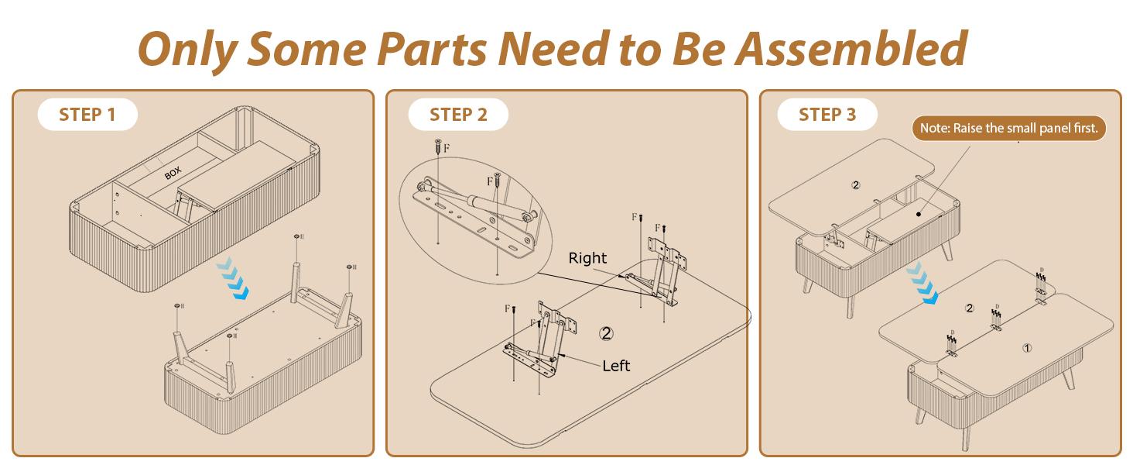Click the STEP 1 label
pyautogui.click(x=87, y=115)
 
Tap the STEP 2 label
pyautogui.click(x=458, y=115)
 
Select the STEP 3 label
pyautogui.click(x=827, y=115)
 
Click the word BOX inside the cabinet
pyautogui.click(x=173, y=174)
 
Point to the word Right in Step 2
pyautogui.click(x=587, y=258)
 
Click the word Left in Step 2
pyautogui.click(x=616, y=366)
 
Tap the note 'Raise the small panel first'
pyautogui.click(x=1009, y=128)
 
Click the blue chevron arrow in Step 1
pyautogui.click(x=233, y=277)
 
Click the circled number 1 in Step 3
pyautogui.click(x=1027, y=348)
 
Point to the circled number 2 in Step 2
pyautogui.click(x=607, y=333)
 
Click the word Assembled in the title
pyautogui.click(x=851, y=49)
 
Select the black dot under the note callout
pyautogui.click(x=919, y=214)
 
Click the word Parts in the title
pyautogui.click(x=432, y=49)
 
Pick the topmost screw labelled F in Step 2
pyautogui.click(x=438, y=146)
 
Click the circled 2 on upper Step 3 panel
pyautogui.click(x=856, y=185)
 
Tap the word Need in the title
pyautogui.click(x=555, y=49)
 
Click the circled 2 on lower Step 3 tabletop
pyautogui.click(x=970, y=308)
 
